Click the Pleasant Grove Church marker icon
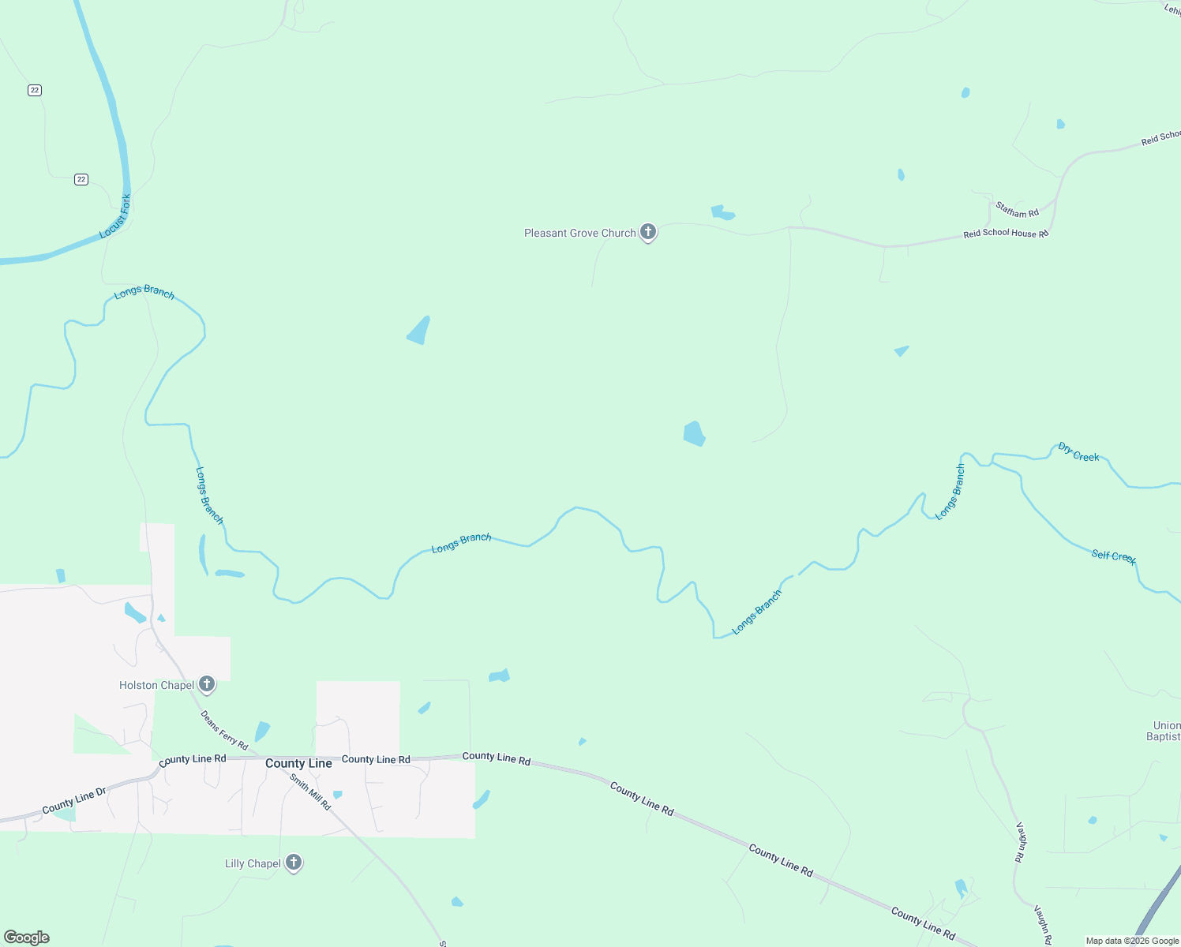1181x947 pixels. point(648,232)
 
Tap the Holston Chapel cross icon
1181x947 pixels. point(207,684)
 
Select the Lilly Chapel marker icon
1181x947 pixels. point(294,863)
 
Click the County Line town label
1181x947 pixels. point(298,763)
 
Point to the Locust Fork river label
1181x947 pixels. point(115,216)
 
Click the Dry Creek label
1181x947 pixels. point(1078,452)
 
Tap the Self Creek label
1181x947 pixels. point(1113,556)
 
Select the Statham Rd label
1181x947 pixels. point(1017,210)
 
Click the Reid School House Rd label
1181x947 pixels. point(1005,234)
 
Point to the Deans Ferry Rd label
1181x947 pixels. point(224,731)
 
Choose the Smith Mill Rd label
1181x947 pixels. point(309,792)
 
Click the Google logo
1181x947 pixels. point(27,938)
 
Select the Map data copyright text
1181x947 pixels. point(1132,941)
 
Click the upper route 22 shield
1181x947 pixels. point(34,90)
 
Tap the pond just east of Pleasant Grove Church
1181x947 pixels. point(722,212)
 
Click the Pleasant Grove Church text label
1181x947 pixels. point(579,233)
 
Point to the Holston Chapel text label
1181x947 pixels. point(156,685)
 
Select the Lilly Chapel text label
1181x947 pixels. point(253,863)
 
